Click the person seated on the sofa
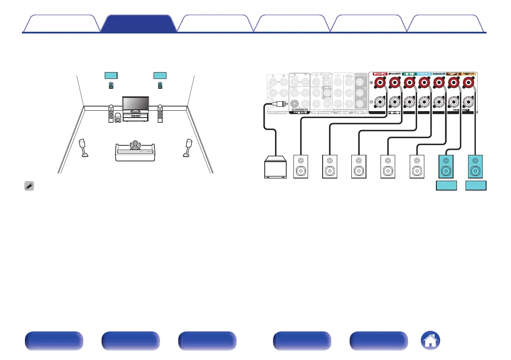[136, 145]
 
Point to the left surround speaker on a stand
[83, 147]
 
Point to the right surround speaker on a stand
[188, 147]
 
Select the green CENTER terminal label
[410, 73]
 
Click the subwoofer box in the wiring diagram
[276, 168]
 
